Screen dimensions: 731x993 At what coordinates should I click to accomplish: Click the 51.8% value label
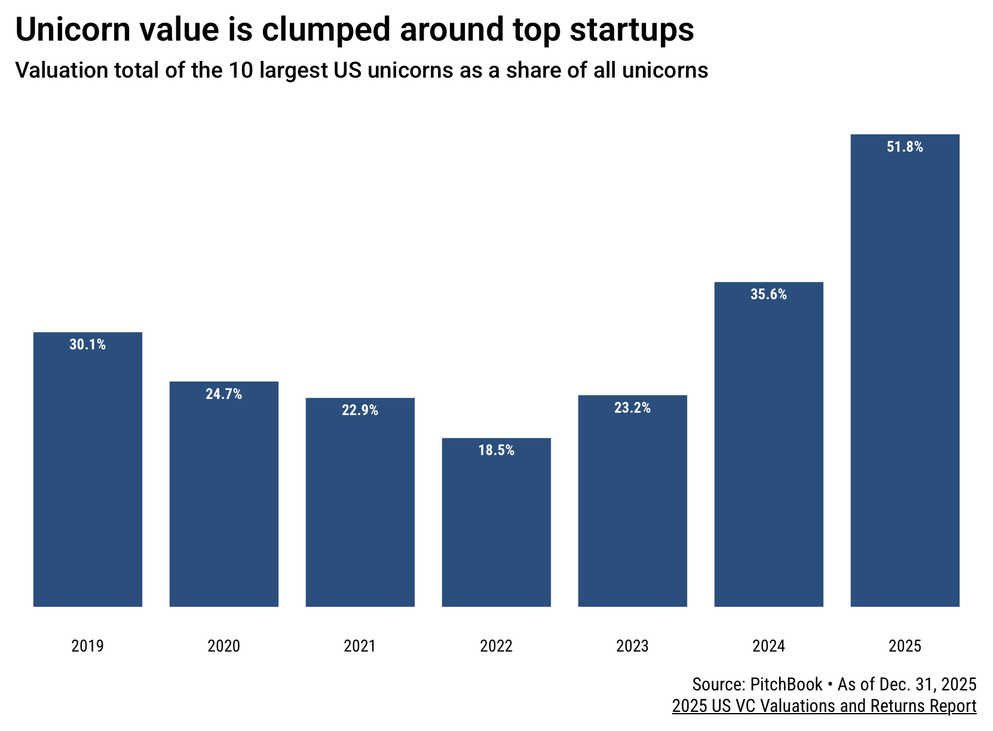tap(905, 147)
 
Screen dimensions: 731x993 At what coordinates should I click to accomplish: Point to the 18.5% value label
tap(496, 450)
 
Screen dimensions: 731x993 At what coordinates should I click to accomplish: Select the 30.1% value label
tap(87, 345)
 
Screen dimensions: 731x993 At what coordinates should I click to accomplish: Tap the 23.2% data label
tap(632, 408)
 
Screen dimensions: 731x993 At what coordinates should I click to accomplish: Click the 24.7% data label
tap(223, 394)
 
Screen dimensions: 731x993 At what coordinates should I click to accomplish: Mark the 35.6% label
tap(768, 294)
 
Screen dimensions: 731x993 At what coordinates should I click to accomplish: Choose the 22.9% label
tap(360, 410)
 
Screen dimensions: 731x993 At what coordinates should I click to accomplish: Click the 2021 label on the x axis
tap(360, 646)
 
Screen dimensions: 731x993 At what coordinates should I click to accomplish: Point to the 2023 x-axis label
tap(632, 646)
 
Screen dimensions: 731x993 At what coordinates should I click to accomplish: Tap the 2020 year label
tap(223, 646)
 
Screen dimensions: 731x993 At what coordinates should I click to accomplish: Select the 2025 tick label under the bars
tap(905, 646)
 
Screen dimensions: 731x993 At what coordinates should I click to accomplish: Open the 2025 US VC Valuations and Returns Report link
tap(824, 706)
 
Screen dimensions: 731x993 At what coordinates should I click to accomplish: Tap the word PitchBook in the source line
tap(786, 684)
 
